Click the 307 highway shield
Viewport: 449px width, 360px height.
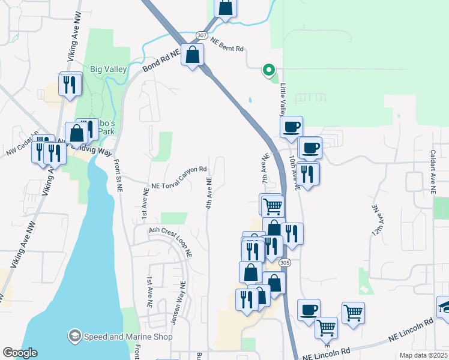[202, 35]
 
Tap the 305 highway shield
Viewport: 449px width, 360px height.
[285, 263]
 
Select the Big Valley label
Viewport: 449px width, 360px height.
[108, 69]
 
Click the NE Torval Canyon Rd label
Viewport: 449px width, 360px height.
[179, 173]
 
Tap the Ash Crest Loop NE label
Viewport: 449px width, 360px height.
[171, 241]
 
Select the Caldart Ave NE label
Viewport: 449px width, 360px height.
[432, 171]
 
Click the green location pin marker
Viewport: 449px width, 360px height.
[268, 70]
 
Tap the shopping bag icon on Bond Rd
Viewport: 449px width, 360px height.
[192, 56]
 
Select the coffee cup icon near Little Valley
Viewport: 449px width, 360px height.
[291, 127]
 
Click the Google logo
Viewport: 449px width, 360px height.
[20, 353]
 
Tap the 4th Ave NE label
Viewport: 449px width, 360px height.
[209, 193]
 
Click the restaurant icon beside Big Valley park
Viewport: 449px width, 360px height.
[70, 85]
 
